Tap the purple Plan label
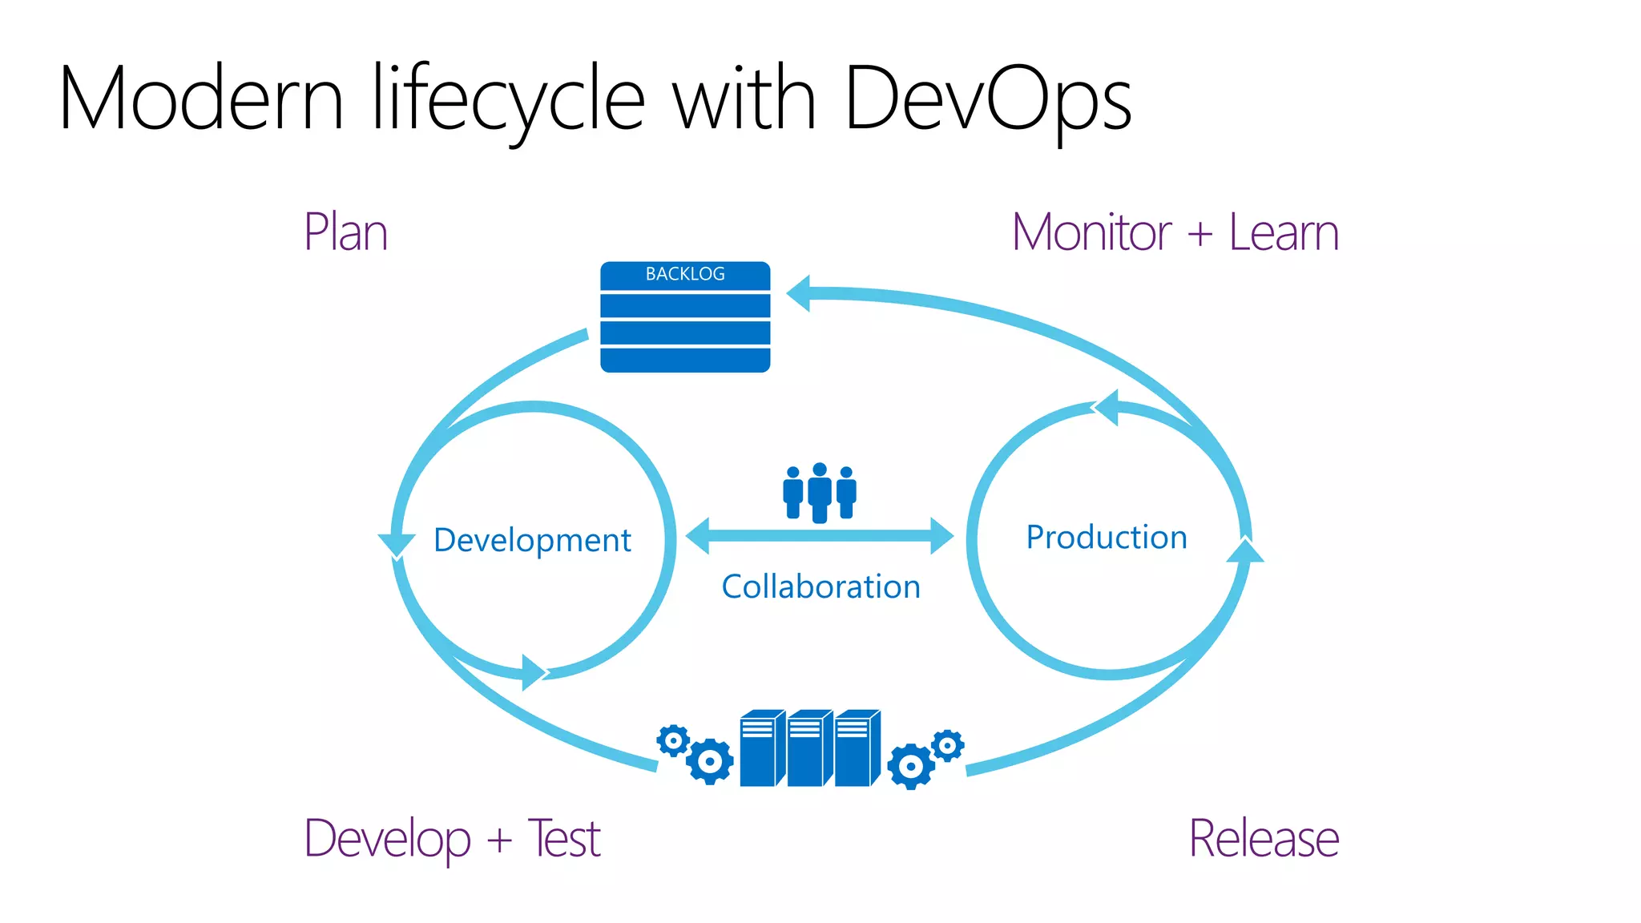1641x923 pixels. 346,232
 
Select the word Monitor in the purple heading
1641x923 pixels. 1091,232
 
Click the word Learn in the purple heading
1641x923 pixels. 1284,232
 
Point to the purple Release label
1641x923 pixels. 1264,839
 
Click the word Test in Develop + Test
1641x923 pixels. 564,839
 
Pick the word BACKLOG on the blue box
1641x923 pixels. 685,274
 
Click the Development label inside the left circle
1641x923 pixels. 532,540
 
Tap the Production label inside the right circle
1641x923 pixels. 1107,537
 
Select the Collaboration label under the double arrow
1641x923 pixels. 820,586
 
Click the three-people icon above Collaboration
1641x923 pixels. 820,492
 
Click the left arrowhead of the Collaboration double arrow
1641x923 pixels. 699,535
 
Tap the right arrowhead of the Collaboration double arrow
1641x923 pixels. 941,535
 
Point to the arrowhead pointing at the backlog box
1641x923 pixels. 800,293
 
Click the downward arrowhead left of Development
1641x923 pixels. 397,544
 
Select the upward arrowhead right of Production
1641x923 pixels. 1245,551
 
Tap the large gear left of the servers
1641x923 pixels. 710,761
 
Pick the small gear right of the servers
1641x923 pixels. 948,746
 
